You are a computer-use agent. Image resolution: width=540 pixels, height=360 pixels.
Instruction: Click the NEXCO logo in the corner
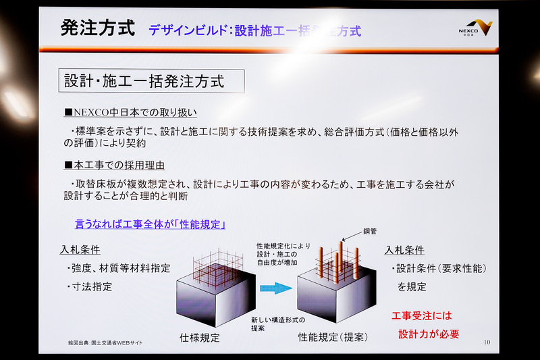click(477, 28)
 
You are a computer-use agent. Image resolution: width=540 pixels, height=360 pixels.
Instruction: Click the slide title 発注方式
click(97, 28)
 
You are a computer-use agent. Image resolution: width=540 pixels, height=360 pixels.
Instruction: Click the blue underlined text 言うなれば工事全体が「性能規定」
click(149, 224)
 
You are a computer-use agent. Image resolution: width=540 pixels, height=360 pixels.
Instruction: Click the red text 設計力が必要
click(429, 334)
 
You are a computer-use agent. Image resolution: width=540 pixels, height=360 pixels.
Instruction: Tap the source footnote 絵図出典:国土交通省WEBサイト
click(105, 343)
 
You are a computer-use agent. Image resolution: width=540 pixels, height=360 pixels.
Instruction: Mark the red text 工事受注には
click(422, 316)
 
